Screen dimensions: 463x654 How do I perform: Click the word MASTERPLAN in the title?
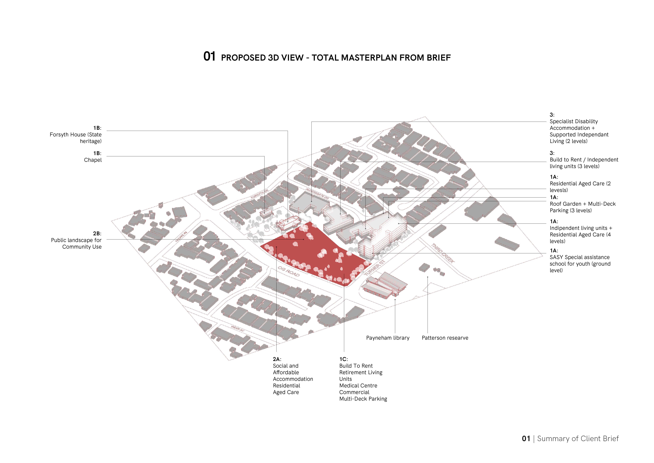click(369, 58)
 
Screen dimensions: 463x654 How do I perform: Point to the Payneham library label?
click(388, 338)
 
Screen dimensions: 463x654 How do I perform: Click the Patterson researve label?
click(445, 338)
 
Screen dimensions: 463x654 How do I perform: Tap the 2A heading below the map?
click(277, 359)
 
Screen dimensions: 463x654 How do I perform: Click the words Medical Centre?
click(358, 385)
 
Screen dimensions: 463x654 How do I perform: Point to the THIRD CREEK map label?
click(443, 253)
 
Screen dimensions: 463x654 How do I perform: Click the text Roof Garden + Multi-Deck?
click(583, 204)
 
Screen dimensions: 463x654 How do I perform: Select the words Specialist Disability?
click(574, 121)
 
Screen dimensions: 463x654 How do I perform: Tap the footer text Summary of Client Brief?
click(578, 438)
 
